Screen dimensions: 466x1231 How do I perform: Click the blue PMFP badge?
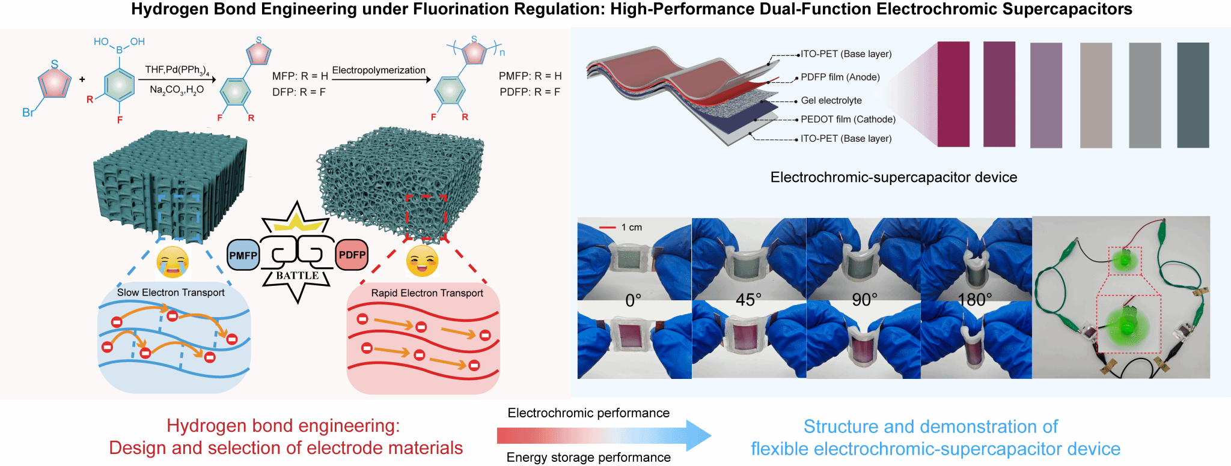(x=243, y=255)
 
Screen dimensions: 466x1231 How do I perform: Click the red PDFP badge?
(x=352, y=255)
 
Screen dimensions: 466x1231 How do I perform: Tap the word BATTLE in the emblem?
(x=298, y=276)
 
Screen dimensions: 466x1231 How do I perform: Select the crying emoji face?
(x=173, y=262)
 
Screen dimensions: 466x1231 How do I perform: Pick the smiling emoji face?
(x=422, y=261)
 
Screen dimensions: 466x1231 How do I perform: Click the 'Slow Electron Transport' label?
(x=171, y=292)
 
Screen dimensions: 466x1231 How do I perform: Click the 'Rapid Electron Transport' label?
(x=427, y=293)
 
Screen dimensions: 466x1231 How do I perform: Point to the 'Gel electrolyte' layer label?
(x=831, y=100)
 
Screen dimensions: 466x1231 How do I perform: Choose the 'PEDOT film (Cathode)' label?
(x=848, y=119)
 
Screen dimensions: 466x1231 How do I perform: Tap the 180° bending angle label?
(x=975, y=300)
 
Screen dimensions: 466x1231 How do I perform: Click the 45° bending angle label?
(x=748, y=300)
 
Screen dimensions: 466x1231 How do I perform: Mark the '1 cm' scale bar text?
(x=632, y=227)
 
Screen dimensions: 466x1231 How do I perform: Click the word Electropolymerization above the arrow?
(x=379, y=70)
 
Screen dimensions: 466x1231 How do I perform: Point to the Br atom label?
(x=28, y=112)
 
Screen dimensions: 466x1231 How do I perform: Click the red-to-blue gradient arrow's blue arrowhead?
(x=698, y=435)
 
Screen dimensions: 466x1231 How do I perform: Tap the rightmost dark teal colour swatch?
(x=1193, y=95)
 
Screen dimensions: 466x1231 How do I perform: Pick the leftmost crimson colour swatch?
(x=953, y=94)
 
